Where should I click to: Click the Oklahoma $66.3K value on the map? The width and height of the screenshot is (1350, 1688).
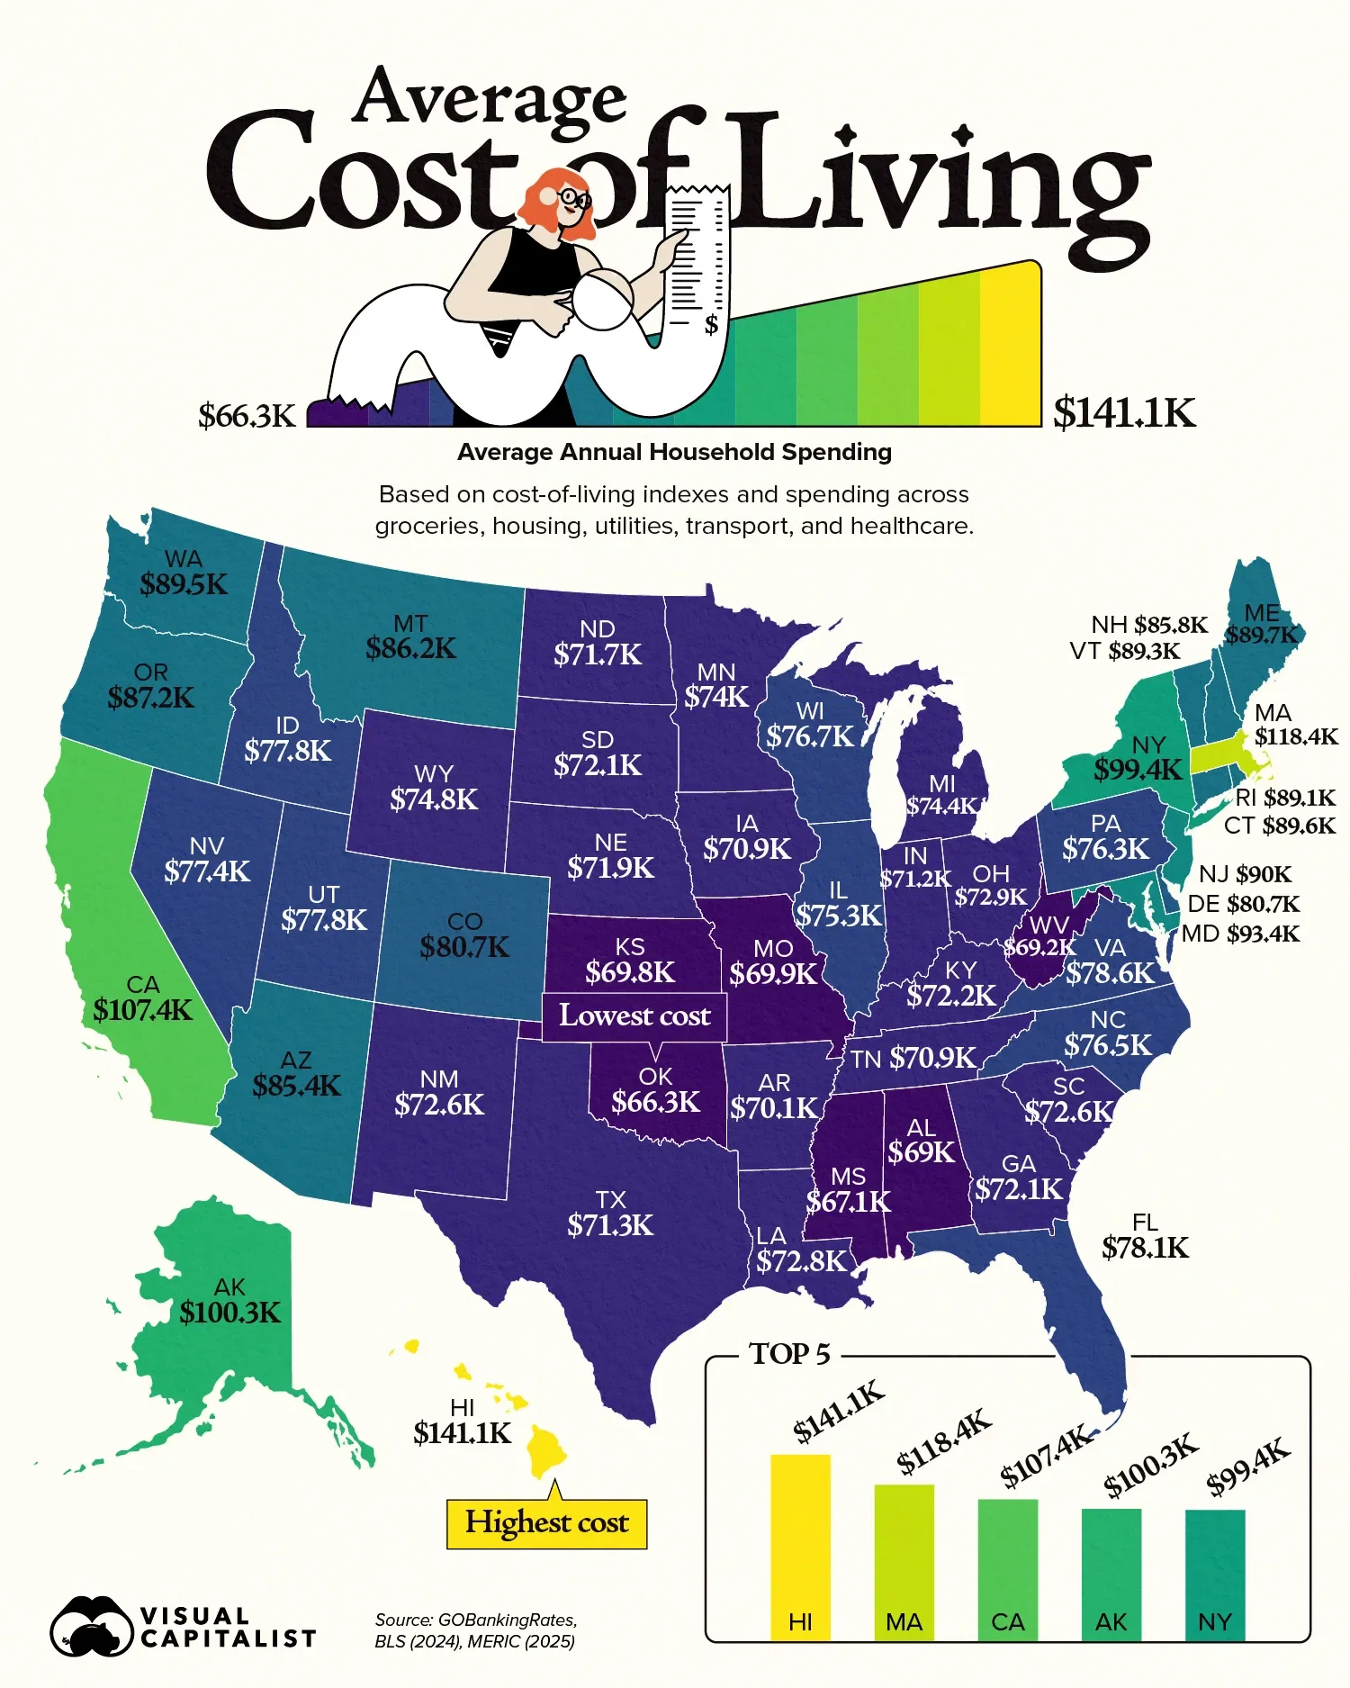pos(655,1102)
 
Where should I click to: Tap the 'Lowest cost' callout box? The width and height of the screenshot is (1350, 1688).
pos(634,1016)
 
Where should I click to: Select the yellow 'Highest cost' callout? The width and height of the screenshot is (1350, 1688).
pos(546,1522)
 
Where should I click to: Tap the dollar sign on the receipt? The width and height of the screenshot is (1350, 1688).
pos(711,324)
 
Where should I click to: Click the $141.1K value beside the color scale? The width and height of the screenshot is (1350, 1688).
pos(1124,413)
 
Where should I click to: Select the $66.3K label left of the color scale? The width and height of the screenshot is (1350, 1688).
pos(247,416)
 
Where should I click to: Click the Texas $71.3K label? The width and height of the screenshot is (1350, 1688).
pos(610,1225)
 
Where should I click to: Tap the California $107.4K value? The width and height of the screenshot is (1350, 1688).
pos(143,1010)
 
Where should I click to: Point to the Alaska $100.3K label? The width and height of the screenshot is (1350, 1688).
pos(230,1313)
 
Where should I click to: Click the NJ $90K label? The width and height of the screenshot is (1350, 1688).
pos(1245,874)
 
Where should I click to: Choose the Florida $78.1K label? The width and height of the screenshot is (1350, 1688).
pos(1145,1248)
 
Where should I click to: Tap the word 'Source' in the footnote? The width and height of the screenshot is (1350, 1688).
pos(402,1620)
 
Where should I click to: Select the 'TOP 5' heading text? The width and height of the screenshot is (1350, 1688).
pos(789,1354)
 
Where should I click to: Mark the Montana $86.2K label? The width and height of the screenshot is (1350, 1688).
pos(410,648)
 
